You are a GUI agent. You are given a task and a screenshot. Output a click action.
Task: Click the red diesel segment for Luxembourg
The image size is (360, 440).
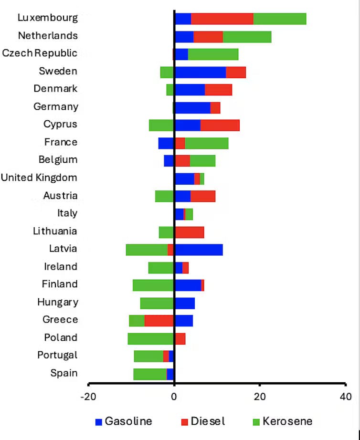(222, 19)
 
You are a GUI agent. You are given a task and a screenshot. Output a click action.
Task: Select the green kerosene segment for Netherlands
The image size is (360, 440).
(247, 37)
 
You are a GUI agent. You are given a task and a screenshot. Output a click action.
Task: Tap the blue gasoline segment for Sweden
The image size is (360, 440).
(200, 72)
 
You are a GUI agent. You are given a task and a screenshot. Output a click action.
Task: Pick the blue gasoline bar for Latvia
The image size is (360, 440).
(199, 250)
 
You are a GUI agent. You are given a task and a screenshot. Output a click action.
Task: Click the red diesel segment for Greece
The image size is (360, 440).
(159, 320)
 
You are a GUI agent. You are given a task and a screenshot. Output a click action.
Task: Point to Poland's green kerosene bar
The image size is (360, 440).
(150, 338)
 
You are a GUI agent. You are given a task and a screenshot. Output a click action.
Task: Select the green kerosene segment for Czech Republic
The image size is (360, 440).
(213, 54)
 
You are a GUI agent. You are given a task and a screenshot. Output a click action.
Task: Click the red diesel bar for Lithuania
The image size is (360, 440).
(190, 232)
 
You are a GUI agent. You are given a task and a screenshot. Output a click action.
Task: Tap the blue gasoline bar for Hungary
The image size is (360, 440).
(185, 303)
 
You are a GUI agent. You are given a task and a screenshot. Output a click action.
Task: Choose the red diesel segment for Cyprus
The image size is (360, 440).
(220, 125)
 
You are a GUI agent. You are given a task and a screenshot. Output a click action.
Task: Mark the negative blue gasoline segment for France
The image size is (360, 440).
(166, 143)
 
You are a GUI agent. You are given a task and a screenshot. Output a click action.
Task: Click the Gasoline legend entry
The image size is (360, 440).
(124, 421)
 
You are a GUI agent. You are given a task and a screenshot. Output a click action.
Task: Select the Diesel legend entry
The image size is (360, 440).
(202, 421)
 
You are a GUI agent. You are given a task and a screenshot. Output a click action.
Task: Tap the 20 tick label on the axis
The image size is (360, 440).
(259, 397)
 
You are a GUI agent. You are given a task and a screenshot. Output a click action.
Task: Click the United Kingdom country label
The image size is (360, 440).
(39, 178)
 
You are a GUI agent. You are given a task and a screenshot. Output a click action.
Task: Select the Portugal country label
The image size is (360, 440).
(57, 356)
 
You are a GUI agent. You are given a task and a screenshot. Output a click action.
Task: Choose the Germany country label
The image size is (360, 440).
(55, 107)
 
